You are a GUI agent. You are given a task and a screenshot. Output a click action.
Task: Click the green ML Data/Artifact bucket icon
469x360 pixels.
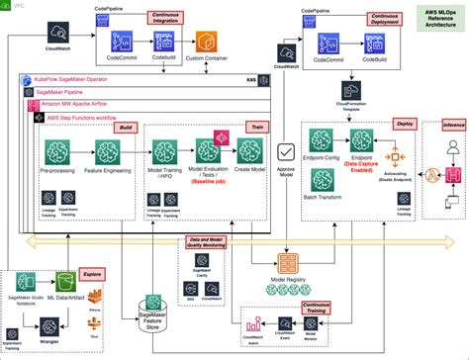point(66,282)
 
